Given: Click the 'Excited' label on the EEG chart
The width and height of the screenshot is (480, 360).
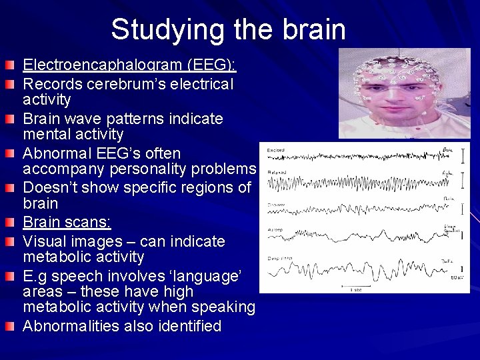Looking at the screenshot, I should click(x=276, y=151).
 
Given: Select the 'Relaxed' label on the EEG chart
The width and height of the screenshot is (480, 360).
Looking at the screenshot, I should click(x=277, y=172).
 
